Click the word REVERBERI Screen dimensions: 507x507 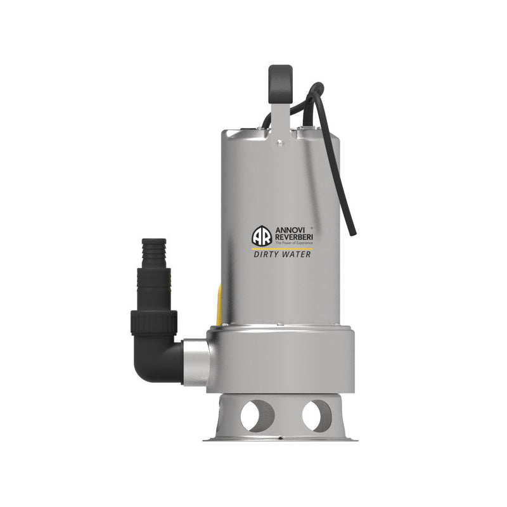294,238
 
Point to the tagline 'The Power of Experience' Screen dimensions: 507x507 293,243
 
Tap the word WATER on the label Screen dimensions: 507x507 297,255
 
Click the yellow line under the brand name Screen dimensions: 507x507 283,249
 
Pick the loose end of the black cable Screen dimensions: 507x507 353,232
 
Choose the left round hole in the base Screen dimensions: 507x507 259,416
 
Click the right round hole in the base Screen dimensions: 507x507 315,416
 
